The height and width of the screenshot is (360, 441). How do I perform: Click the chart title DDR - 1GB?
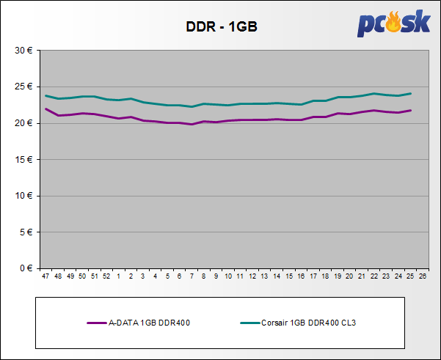tap(221, 28)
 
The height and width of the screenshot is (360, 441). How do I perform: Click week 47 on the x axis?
tap(46, 276)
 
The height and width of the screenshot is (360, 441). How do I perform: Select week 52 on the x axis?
tap(106, 276)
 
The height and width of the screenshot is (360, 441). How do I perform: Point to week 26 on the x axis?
tap(422, 276)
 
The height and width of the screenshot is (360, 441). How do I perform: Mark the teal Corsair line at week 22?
tap(373, 94)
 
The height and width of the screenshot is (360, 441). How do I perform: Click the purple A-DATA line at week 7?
tap(192, 124)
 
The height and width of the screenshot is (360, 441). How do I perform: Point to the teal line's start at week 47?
tap(46, 95)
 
